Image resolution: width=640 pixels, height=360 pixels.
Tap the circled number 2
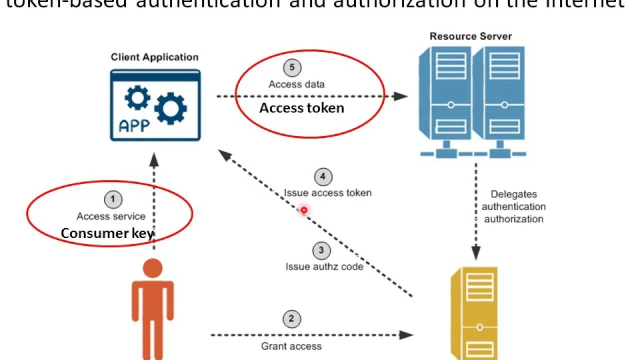coord(291,319)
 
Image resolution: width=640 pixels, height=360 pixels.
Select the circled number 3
coord(321,250)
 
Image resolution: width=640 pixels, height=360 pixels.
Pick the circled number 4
coord(323,176)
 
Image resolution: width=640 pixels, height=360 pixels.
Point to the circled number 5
coord(292,68)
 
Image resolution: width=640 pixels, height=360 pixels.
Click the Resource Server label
coord(470,36)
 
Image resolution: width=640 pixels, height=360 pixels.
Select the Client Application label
coord(154,57)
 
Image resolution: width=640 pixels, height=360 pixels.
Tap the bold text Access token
coord(301,108)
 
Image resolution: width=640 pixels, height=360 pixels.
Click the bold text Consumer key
coord(107,233)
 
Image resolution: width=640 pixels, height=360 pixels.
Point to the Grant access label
coord(291,346)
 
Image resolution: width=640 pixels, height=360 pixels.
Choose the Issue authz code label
coord(324,266)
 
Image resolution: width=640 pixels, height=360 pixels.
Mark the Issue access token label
coord(327,193)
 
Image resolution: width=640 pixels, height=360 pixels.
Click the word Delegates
coord(513,194)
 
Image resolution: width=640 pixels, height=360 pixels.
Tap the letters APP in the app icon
coord(134,125)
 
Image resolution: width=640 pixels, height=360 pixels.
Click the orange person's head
coord(152,268)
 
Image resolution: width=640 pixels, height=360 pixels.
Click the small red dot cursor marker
coord(303,210)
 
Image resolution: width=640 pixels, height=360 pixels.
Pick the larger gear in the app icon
coord(170,108)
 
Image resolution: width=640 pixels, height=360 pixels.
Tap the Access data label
coord(296,84)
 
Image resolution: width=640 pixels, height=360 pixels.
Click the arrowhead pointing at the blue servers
coord(401,96)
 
